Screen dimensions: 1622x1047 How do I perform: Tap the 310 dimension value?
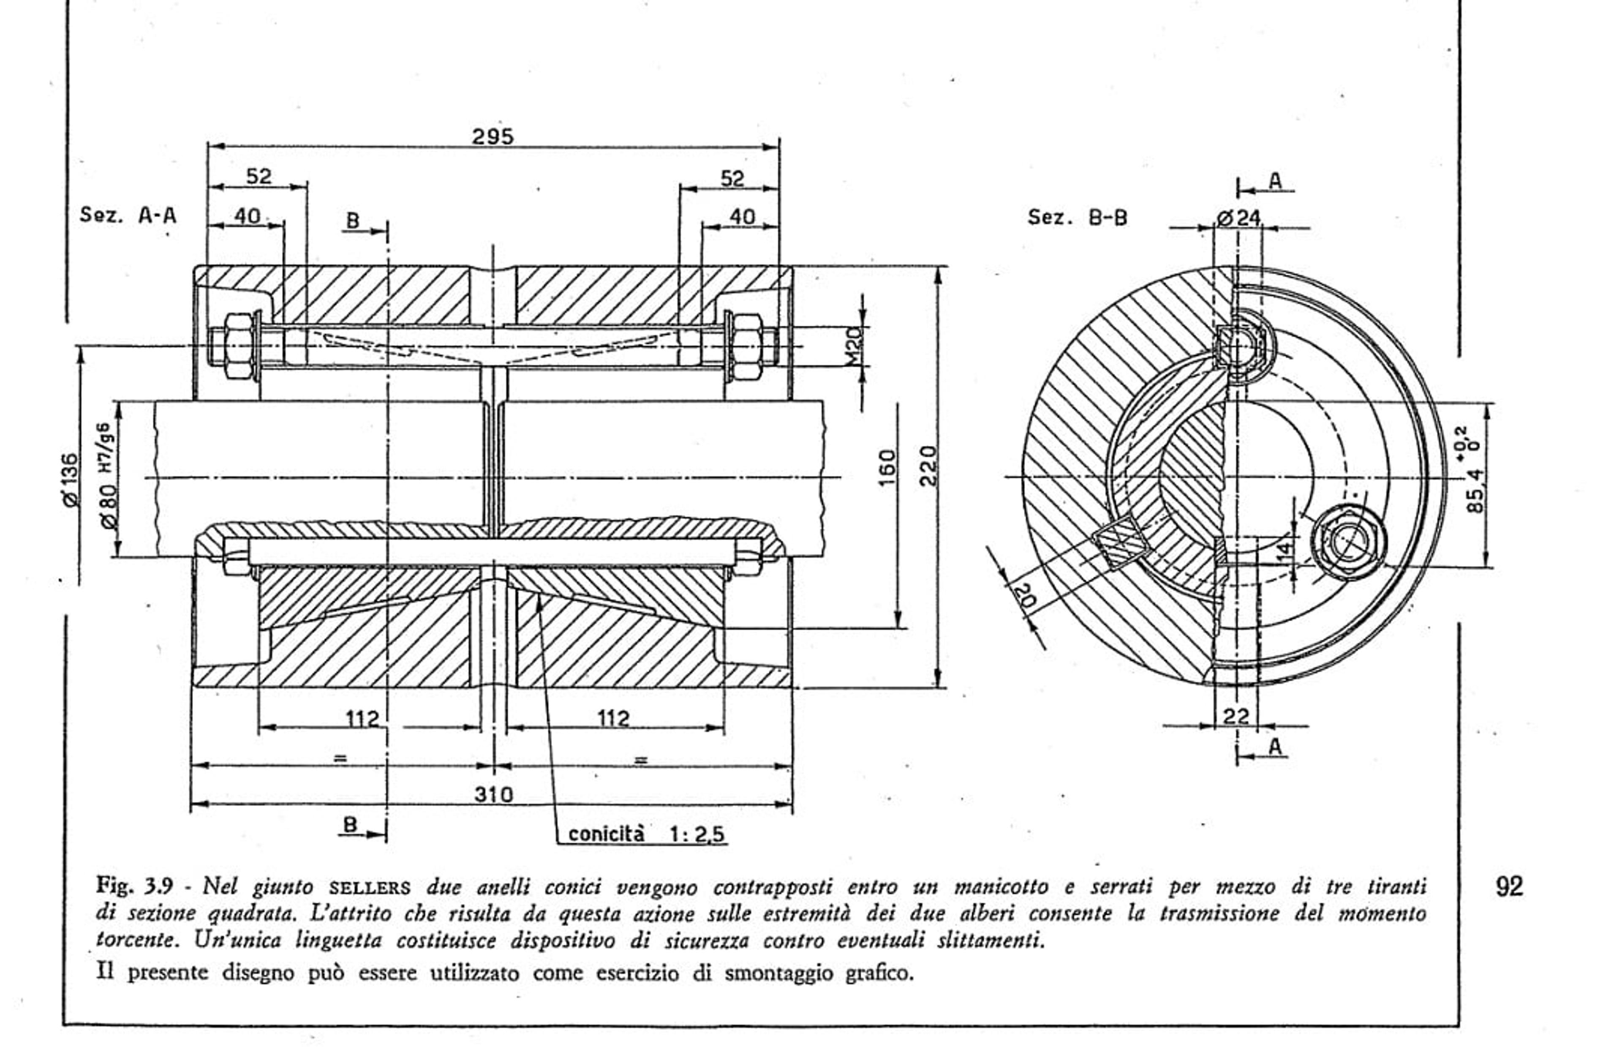tap(493, 794)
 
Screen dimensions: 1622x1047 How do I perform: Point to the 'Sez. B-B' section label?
tap(1077, 218)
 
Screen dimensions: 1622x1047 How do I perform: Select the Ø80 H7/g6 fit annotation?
tap(107, 475)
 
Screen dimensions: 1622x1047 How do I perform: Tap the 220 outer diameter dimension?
tap(928, 465)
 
